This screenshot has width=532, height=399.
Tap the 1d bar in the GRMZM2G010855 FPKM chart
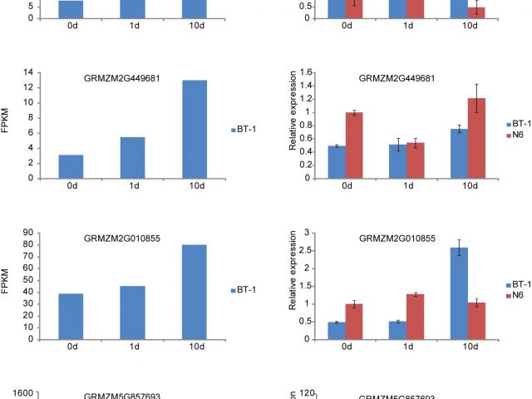click(132, 313)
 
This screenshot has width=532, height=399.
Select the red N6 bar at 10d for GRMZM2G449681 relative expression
click(480, 138)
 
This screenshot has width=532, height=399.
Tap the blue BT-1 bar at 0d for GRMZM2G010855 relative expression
click(337, 330)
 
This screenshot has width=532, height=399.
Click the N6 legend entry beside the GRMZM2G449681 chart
click(517, 135)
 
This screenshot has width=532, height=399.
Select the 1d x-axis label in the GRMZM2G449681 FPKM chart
click(133, 188)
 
